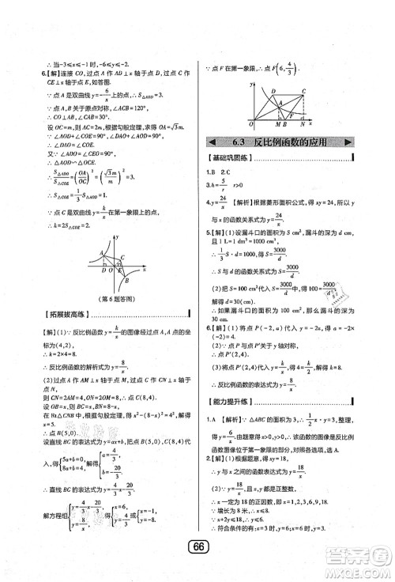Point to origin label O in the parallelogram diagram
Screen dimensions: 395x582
coord(249,124)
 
